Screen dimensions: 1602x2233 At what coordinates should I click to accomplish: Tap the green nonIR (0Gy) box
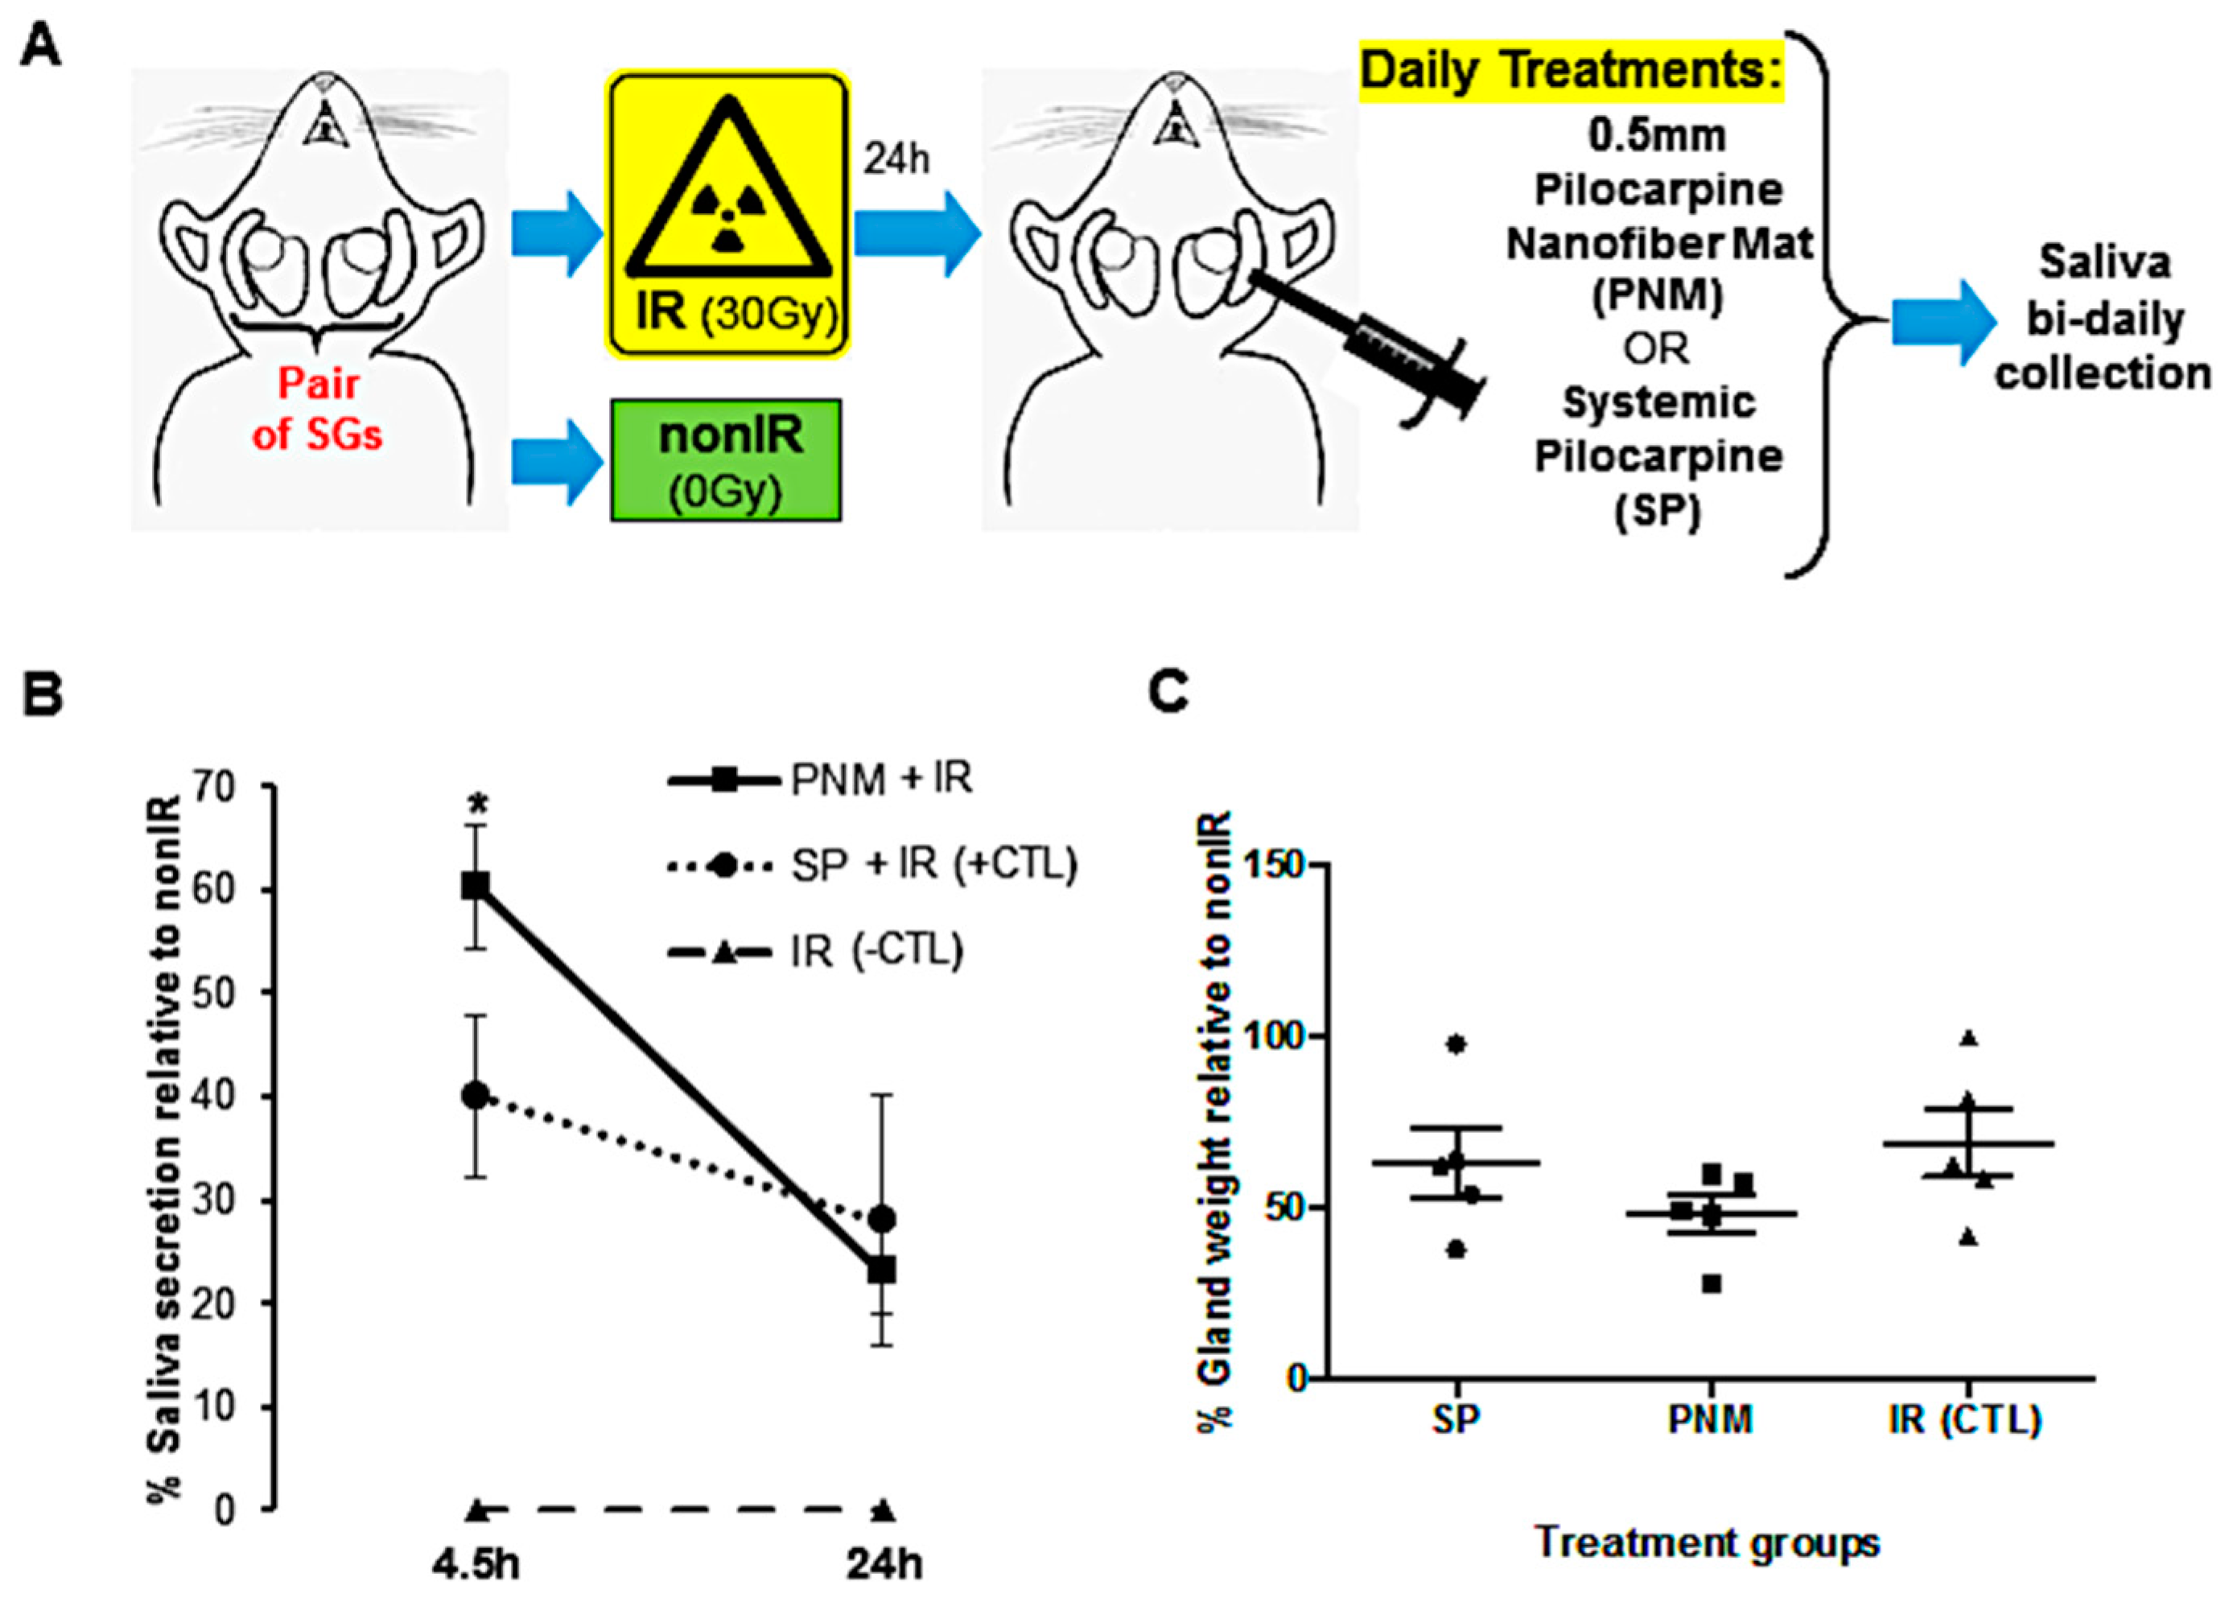pos(726,459)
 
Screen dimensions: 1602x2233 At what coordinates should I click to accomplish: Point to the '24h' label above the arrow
pos(896,159)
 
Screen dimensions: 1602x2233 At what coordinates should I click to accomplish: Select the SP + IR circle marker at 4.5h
pos(476,1095)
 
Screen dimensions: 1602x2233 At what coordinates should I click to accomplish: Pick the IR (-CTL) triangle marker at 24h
pos(884,1509)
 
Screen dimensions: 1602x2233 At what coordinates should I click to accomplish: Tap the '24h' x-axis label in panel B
pos(884,1563)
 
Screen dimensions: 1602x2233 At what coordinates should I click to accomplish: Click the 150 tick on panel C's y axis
pos(1273,864)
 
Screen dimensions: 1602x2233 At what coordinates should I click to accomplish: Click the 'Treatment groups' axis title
pos(1708,1542)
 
